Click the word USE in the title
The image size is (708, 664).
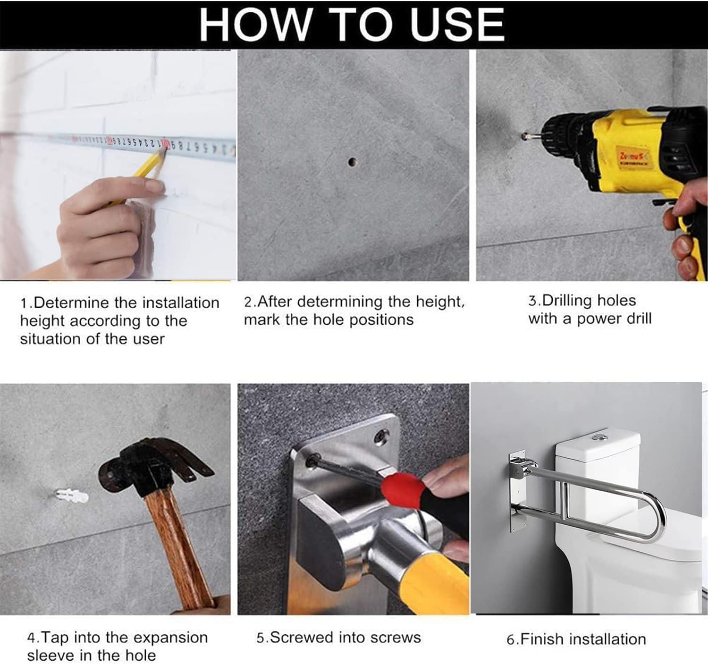pyautogui.click(x=457, y=25)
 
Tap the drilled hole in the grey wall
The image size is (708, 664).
pyautogui.click(x=353, y=162)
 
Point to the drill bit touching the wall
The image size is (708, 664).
pyautogui.click(x=528, y=136)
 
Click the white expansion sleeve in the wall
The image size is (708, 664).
pyautogui.click(x=72, y=496)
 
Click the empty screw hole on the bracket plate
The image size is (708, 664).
pyautogui.click(x=382, y=436)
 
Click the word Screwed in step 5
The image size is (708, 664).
pyautogui.click(x=301, y=637)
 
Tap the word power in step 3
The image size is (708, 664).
pyautogui.click(x=598, y=319)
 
